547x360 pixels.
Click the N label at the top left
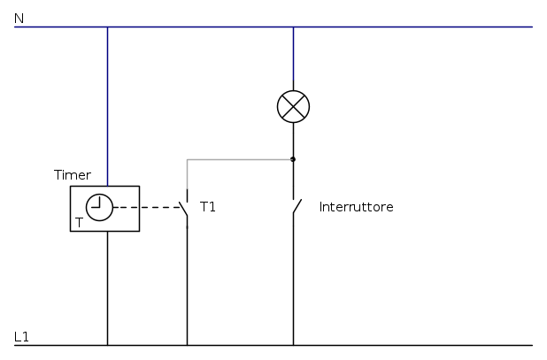(x=19, y=17)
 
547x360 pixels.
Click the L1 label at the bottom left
(x=22, y=336)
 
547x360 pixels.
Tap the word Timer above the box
(x=72, y=175)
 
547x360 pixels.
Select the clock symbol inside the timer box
(x=100, y=207)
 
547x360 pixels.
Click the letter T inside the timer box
(x=79, y=223)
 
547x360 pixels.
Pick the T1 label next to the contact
(x=208, y=207)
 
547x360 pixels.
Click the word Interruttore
(x=356, y=207)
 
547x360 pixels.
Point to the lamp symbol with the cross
(x=293, y=107)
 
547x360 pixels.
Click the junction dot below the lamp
(x=293, y=159)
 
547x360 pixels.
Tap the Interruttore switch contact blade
(x=297, y=208)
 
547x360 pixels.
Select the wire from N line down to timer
(x=107, y=106)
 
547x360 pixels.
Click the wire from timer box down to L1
(x=107, y=287)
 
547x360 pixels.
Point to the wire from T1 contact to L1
(x=187, y=283)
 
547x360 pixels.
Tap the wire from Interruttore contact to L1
(x=293, y=283)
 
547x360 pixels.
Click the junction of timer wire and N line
(x=107, y=27)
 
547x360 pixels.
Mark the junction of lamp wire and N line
(x=293, y=27)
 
